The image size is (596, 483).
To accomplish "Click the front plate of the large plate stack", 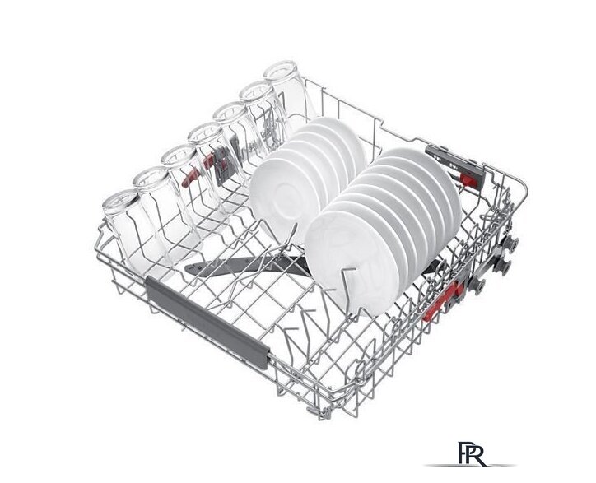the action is tap(347, 258).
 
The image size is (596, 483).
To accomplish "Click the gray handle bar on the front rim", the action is tap(207, 323).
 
